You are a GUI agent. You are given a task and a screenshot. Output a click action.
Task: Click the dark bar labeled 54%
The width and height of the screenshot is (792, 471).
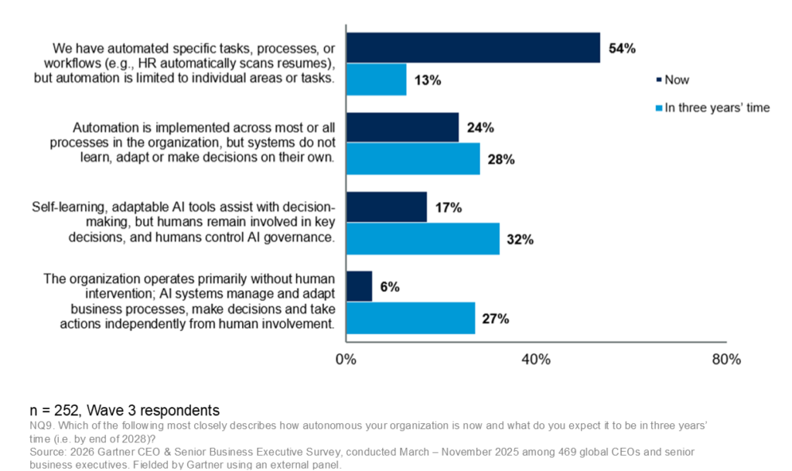[x=473, y=48]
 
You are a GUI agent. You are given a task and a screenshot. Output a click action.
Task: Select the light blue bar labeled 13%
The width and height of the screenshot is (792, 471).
[x=376, y=80]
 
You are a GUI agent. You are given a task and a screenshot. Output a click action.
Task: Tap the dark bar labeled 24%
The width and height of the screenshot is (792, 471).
[x=402, y=128]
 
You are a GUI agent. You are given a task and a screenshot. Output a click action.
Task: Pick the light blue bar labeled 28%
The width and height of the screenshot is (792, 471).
[x=412, y=159]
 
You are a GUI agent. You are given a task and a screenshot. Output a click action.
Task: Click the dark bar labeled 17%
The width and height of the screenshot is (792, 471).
[x=386, y=207]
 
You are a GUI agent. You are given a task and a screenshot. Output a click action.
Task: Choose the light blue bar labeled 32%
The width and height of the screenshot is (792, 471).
[x=422, y=239]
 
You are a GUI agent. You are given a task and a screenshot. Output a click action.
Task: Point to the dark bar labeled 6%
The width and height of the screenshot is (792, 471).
[x=359, y=286]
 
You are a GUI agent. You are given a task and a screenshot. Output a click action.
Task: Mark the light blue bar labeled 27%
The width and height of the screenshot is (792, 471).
[x=410, y=318]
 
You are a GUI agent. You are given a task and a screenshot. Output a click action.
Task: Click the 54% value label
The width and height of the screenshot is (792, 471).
[x=622, y=48]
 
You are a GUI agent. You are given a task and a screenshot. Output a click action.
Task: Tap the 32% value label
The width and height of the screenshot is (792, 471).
[x=520, y=240]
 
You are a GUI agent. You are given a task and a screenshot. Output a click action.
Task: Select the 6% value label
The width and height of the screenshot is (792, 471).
[x=389, y=287]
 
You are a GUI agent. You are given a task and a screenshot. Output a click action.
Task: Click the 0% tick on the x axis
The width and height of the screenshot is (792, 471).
[x=345, y=360]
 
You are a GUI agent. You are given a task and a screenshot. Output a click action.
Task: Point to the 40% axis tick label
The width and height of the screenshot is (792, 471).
[x=535, y=360]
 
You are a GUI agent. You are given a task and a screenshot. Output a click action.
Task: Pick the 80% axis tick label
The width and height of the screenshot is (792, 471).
[x=725, y=360]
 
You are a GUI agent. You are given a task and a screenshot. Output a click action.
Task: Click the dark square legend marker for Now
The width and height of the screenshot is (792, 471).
[x=658, y=80]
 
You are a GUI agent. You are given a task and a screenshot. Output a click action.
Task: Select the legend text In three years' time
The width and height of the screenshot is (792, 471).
[x=717, y=108]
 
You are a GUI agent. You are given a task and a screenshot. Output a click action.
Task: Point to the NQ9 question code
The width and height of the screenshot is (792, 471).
[x=43, y=426]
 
